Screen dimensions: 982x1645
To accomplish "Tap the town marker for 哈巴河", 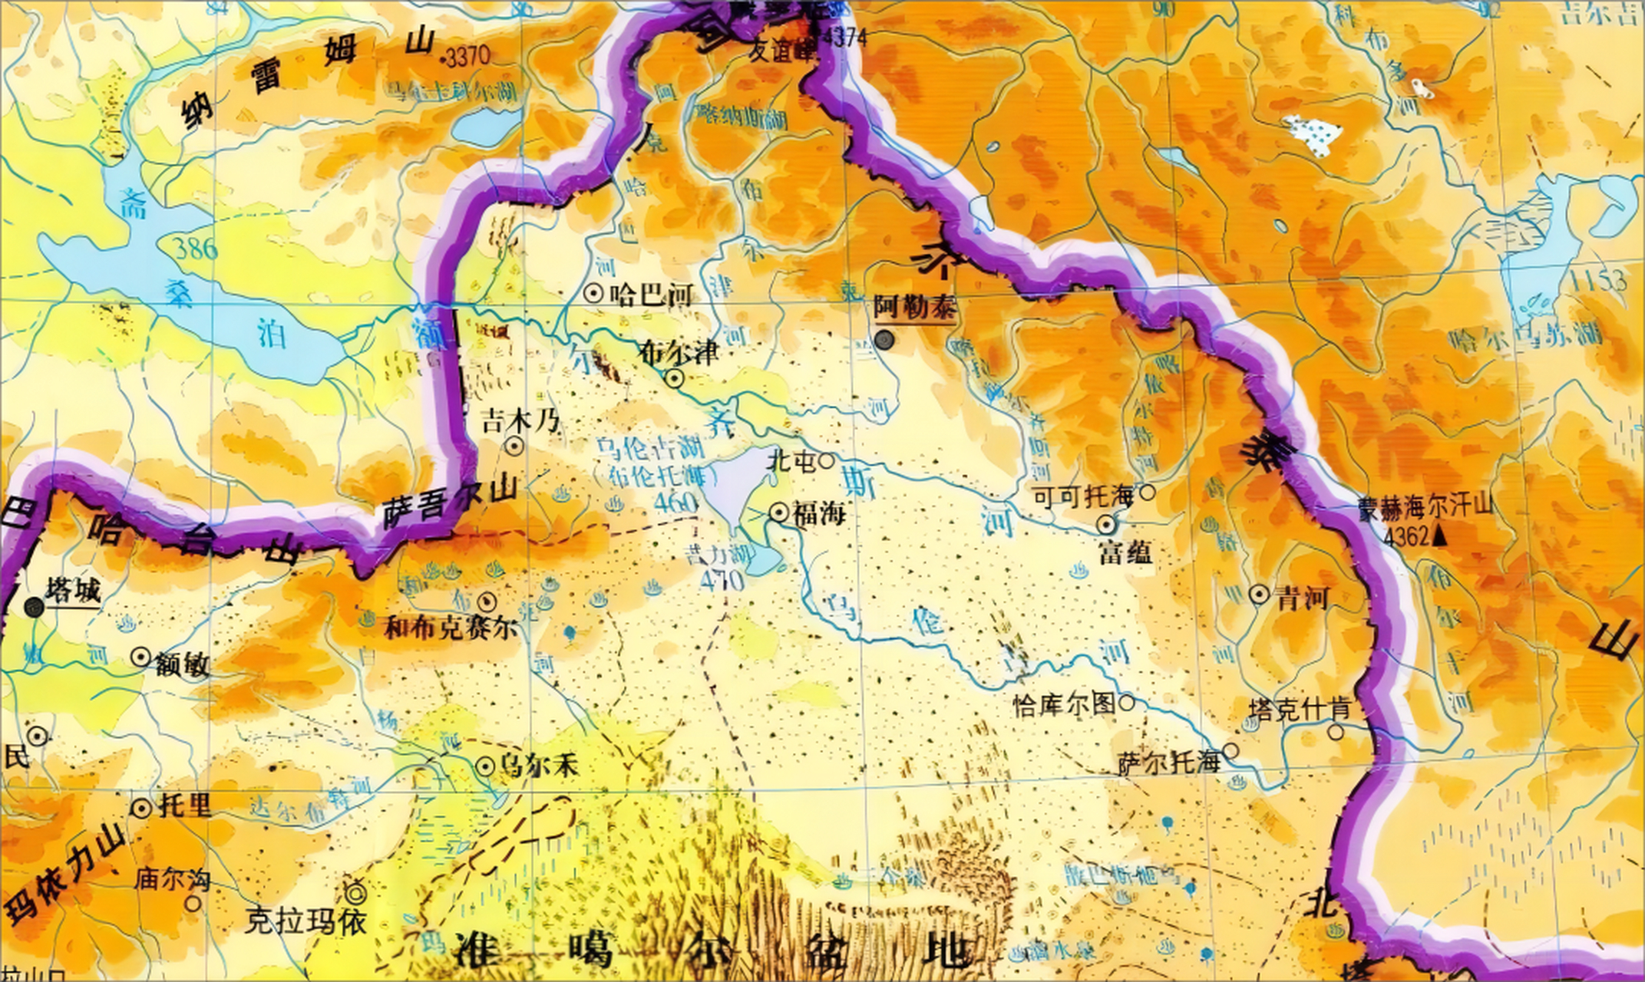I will (593, 292).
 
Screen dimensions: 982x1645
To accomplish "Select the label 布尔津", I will (679, 352).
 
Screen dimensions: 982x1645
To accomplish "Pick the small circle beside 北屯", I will (826, 460).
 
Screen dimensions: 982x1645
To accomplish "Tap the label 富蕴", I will (1125, 552).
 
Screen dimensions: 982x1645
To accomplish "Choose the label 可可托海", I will (1083, 497).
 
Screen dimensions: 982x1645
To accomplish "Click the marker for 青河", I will (1259, 594).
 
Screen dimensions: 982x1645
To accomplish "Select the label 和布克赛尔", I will (451, 629).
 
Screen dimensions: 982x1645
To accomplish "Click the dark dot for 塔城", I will (34, 608).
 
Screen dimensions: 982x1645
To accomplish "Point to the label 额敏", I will (182, 664).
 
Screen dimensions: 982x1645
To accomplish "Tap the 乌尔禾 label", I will (537, 765).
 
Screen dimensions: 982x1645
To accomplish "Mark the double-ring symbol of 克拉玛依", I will (355, 892).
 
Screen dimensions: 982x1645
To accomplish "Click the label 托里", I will (184, 806).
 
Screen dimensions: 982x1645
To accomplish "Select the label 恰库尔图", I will (1064, 704).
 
